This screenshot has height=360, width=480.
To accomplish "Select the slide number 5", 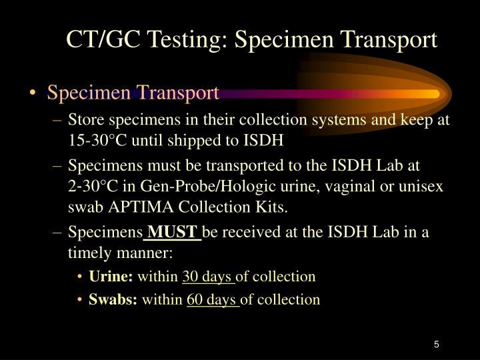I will (x=436, y=345).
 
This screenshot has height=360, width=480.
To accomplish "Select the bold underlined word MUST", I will (x=173, y=232).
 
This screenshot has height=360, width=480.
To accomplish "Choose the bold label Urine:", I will (x=111, y=276).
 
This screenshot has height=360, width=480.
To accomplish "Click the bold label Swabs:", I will (x=113, y=299).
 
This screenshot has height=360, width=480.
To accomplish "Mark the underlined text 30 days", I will (x=208, y=276).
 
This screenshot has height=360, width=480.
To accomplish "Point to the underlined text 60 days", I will (x=213, y=299).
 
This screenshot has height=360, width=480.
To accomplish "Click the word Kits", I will (x=271, y=207).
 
